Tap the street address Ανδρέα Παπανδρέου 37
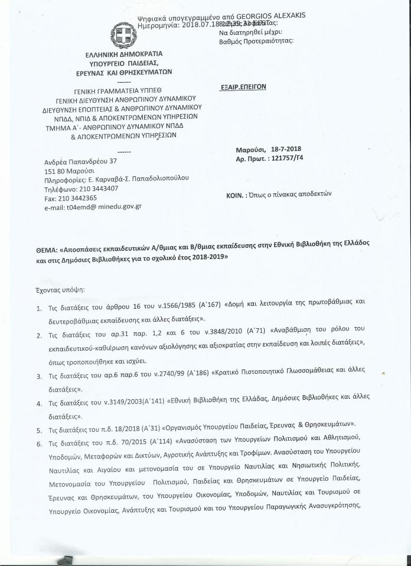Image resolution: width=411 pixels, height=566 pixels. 81,161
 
